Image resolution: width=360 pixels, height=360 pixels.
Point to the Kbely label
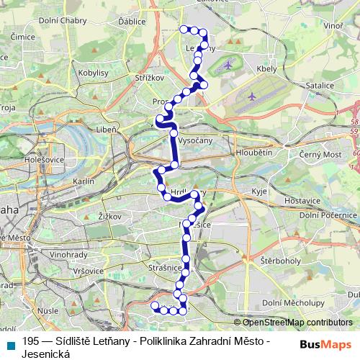[266, 70]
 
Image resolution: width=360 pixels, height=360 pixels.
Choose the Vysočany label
[195, 140]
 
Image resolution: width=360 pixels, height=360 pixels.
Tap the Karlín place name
[84, 182]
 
